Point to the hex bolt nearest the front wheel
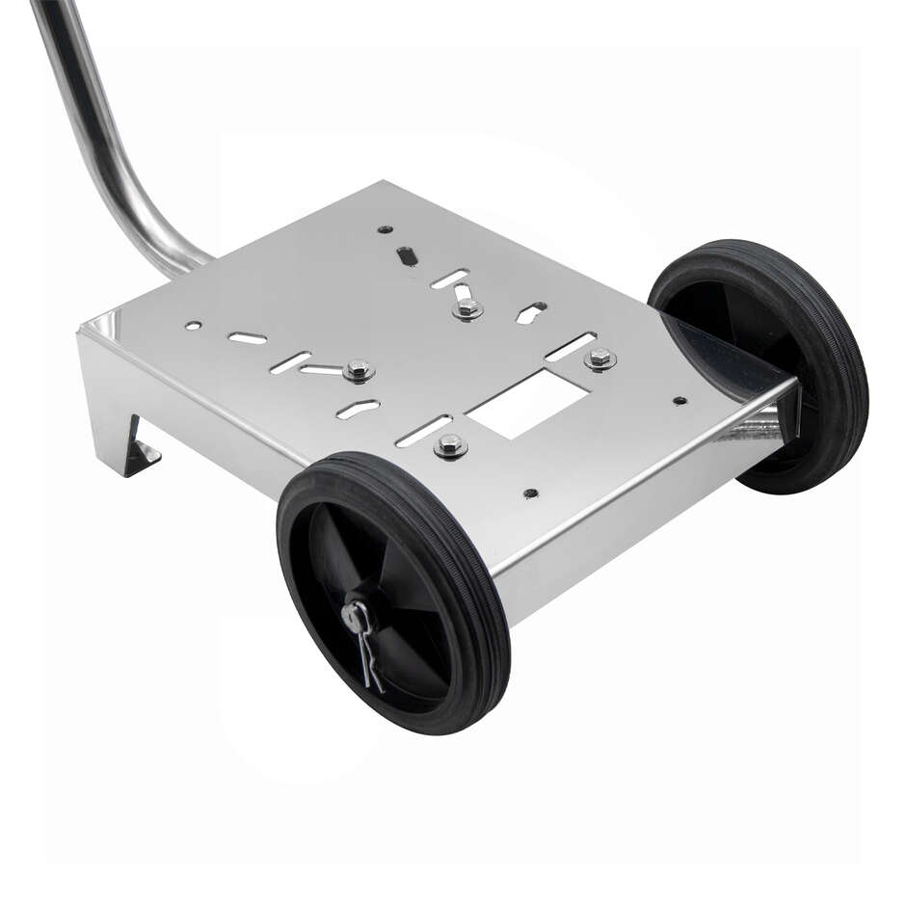coord(450,444)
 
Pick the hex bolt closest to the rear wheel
coord(600,359)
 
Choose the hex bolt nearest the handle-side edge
coord(359,369)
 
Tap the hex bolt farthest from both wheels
coord(468,308)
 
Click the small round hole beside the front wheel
coord(530,493)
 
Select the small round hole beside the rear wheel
coord(679,399)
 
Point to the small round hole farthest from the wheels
coord(193,326)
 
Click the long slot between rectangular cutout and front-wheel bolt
coord(424,430)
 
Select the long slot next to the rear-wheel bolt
coord(571,346)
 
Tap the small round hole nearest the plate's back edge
coord(385,229)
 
